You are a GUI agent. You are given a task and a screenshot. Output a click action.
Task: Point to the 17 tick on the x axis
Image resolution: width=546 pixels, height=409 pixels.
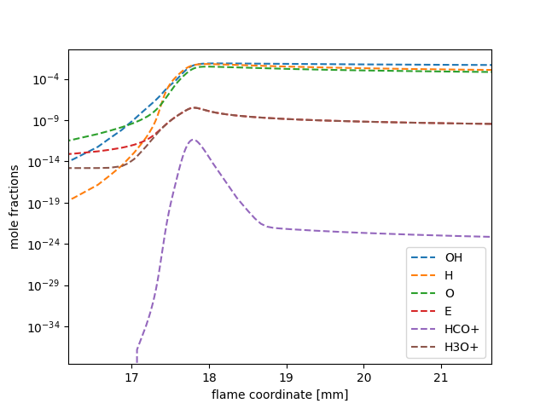pyautogui.click(x=131, y=377)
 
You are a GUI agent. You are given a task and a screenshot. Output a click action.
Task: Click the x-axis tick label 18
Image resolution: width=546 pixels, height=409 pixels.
pyautogui.click(x=209, y=377)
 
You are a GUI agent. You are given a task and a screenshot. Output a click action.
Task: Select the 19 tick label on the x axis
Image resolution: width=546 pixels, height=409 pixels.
pyautogui.click(x=287, y=377)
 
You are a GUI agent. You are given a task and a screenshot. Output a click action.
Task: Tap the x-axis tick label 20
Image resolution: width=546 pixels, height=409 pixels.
pyautogui.click(x=363, y=377)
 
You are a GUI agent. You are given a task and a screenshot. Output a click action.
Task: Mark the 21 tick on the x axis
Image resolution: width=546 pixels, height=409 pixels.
pyautogui.click(x=441, y=377)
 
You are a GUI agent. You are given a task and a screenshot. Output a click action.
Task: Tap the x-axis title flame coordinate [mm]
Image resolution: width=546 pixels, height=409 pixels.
pyautogui.click(x=280, y=395)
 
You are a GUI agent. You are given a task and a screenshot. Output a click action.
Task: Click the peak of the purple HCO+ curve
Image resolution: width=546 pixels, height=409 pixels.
pyautogui.click(x=193, y=140)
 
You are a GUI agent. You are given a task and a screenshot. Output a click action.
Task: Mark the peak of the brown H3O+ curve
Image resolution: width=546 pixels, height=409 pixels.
pyautogui.click(x=194, y=107)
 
